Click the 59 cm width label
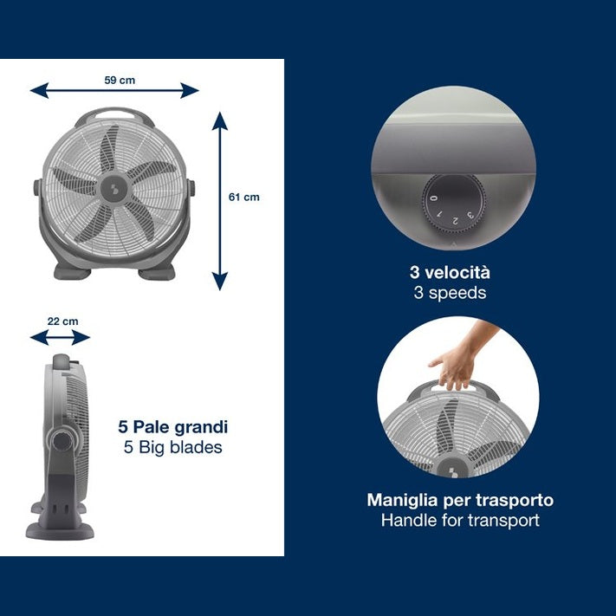120,81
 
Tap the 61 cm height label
244,198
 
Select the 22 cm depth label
63,321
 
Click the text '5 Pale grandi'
173,427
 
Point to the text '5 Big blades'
173,447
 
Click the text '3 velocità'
450,273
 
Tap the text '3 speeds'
450,293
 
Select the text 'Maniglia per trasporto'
460,500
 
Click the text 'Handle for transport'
460,521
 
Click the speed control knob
454,204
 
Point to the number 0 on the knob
434,198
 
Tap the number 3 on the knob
470,215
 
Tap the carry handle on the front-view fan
114,114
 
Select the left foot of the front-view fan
72,272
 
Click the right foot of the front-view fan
156,272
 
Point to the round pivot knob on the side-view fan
62,442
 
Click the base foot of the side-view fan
60,531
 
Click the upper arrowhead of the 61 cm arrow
220,120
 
